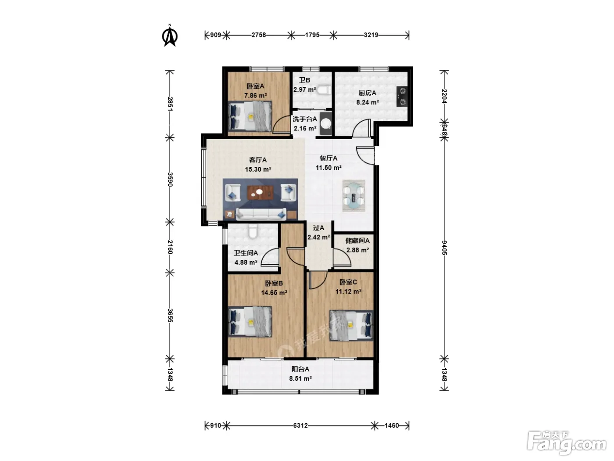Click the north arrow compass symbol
click(170, 36)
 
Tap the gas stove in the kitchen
click(402, 97)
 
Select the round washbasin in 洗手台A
click(326, 123)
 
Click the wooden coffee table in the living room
click(260, 193)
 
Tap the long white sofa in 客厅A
click(261, 214)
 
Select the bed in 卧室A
click(250, 116)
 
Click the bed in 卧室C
click(351, 325)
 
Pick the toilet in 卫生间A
click(253, 231)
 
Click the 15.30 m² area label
click(258, 169)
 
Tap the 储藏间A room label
click(357, 241)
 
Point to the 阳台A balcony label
click(300, 369)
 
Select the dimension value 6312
click(300, 425)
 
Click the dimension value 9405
click(444, 248)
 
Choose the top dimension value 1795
click(312, 35)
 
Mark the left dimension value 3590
click(170, 180)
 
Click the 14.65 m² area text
click(274, 293)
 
